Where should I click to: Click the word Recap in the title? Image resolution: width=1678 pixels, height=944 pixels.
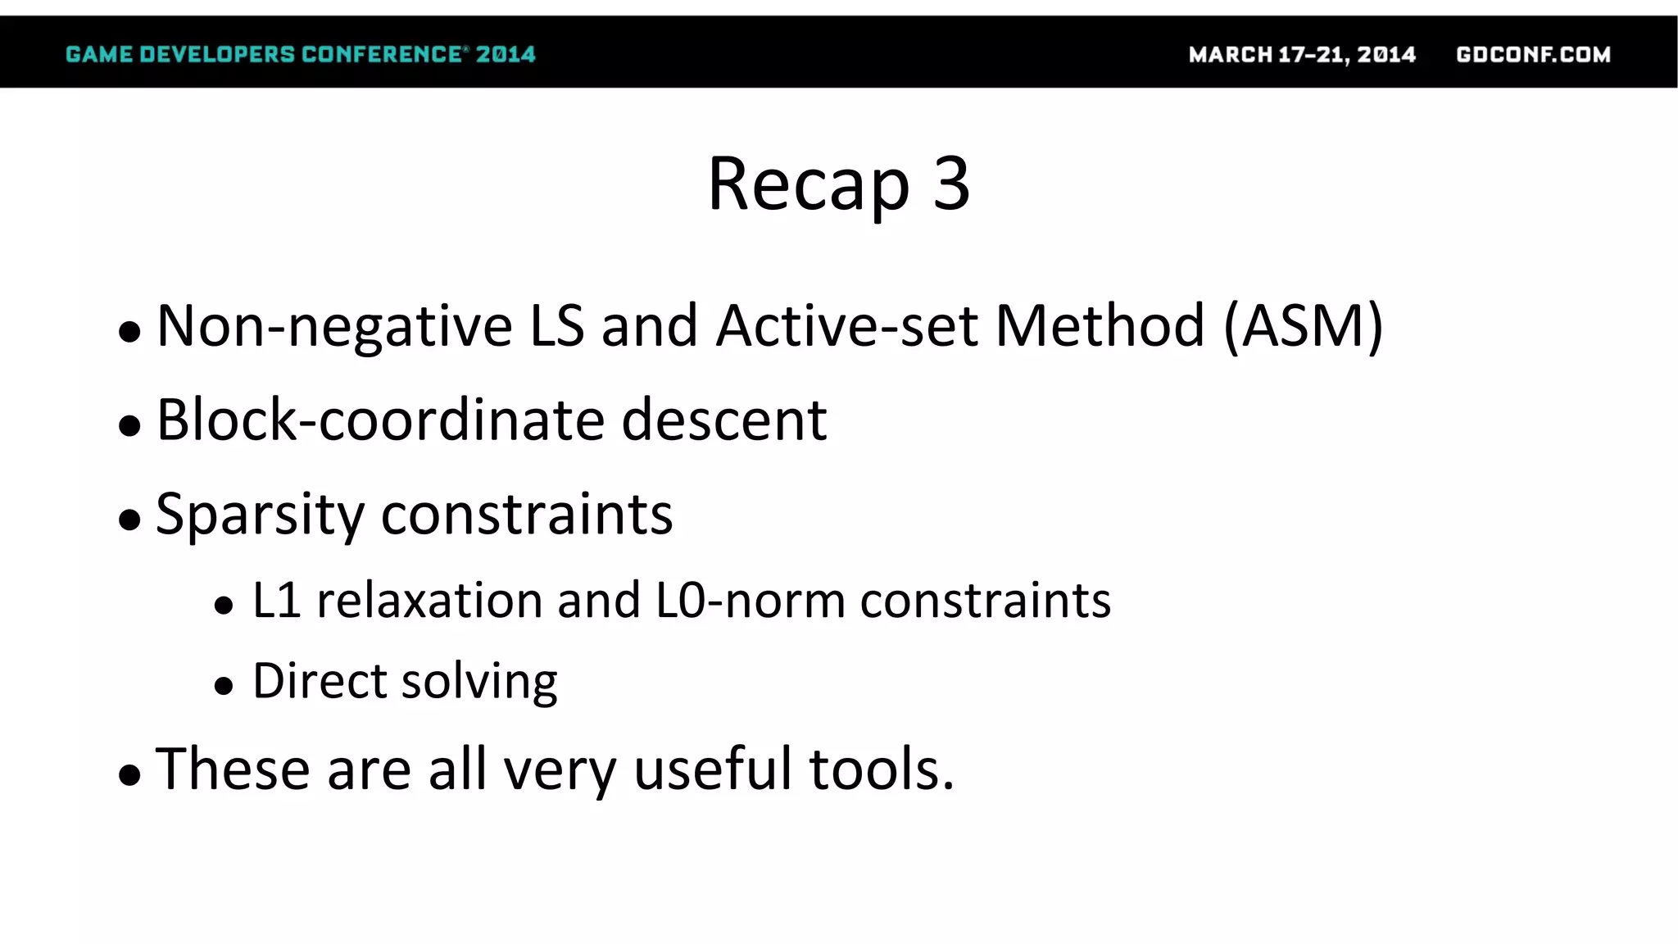pos(808,185)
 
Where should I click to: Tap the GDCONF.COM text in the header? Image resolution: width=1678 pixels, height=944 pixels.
pos(1533,55)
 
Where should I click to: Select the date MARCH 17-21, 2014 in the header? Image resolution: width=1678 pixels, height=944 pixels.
pos(1302,55)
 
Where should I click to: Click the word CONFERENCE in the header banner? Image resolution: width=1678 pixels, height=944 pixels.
pos(382,55)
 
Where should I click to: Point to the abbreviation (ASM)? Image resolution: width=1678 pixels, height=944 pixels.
pos(1304,326)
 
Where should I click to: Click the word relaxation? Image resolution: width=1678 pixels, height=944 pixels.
pos(429,601)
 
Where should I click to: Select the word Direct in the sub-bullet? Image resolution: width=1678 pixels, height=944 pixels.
pos(320,681)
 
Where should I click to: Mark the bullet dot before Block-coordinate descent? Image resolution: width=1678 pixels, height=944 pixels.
pos(129,425)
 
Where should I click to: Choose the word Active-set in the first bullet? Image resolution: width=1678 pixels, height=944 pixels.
pos(846,326)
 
